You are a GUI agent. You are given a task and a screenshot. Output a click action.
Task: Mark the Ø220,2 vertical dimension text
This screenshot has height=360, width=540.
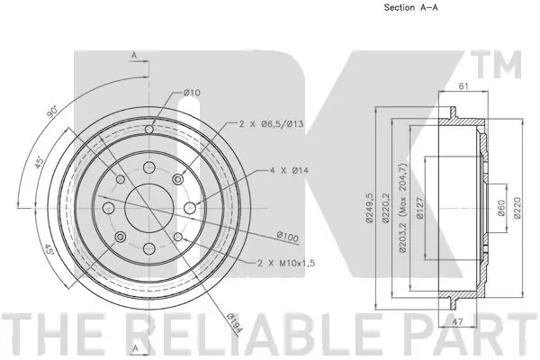click(384, 211)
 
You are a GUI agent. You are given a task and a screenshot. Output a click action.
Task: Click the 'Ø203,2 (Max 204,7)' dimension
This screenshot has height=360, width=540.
click(400, 211)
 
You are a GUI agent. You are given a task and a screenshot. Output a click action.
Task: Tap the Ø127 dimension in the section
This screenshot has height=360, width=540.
click(419, 211)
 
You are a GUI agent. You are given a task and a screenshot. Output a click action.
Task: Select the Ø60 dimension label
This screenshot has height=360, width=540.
click(499, 211)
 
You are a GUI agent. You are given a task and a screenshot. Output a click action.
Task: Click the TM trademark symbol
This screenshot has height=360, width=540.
click(505, 65)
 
